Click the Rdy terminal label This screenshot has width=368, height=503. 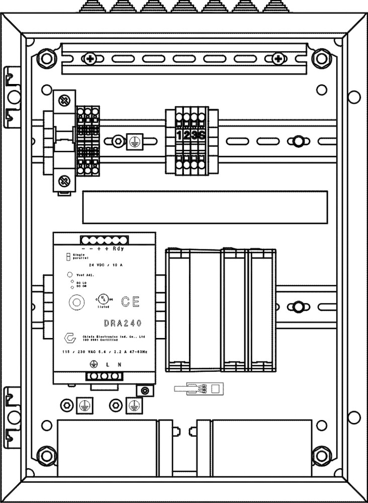pyautogui.click(x=119, y=248)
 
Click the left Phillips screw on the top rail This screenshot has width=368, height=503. pyautogui.click(x=90, y=59)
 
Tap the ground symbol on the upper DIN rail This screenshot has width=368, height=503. pyautogui.click(x=133, y=141)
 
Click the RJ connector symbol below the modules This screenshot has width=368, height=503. pyautogui.click(x=199, y=388)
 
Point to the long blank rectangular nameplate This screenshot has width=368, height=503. pyautogui.click(x=205, y=207)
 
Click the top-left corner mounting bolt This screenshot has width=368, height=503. pyautogui.click(x=46, y=59)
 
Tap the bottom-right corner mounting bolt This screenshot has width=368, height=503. pyautogui.click(x=320, y=456)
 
